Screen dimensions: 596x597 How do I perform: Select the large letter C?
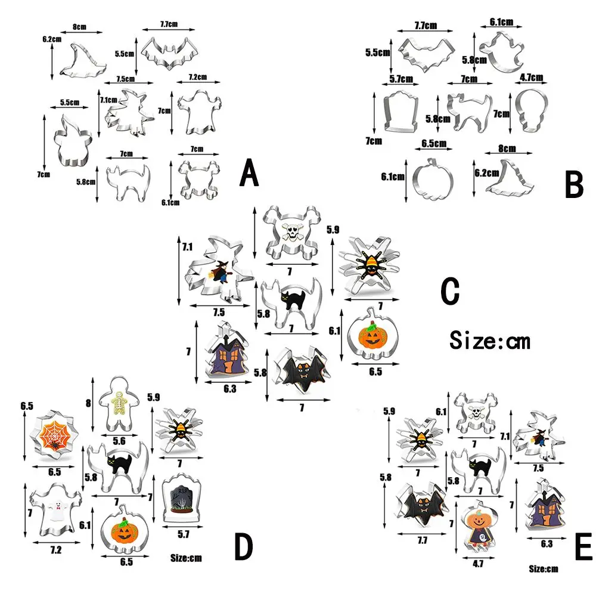pyautogui.click(x=450, y=292)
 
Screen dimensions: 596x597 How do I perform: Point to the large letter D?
pyautogui.click(x=244, y=546)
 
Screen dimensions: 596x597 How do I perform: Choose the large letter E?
pyautogui.click(x=583, y=547)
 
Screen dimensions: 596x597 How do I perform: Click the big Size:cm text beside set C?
pyautogui.click(x=489, y=341)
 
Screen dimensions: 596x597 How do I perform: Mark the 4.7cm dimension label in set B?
pyautogui.click(x=531, y=78)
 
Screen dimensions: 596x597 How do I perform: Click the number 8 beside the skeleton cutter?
pyautogui.click(x=89, y=403)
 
